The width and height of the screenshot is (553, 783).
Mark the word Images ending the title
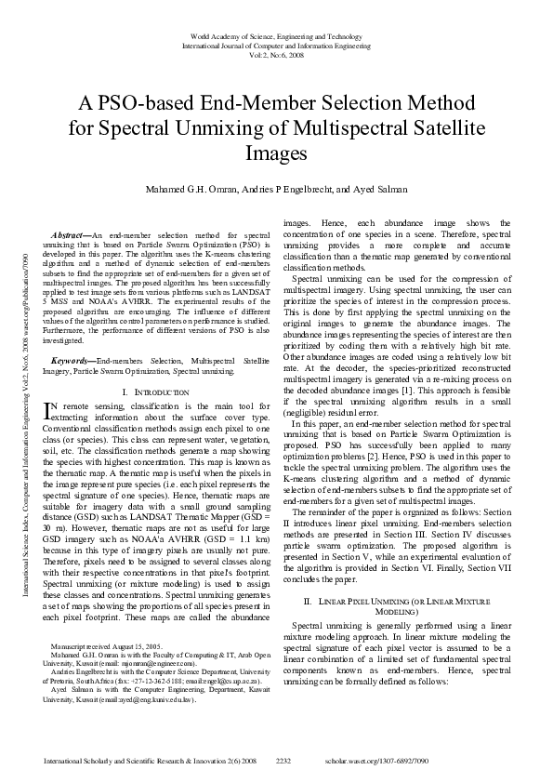(276, 151)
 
